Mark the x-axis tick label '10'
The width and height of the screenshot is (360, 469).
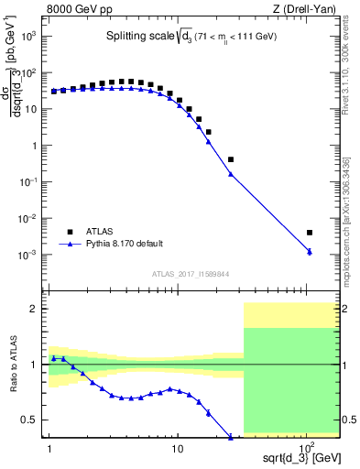178,451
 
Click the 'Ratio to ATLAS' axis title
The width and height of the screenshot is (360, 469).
12,365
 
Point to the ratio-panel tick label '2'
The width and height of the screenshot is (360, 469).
36,310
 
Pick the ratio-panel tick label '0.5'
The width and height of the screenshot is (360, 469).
32,420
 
